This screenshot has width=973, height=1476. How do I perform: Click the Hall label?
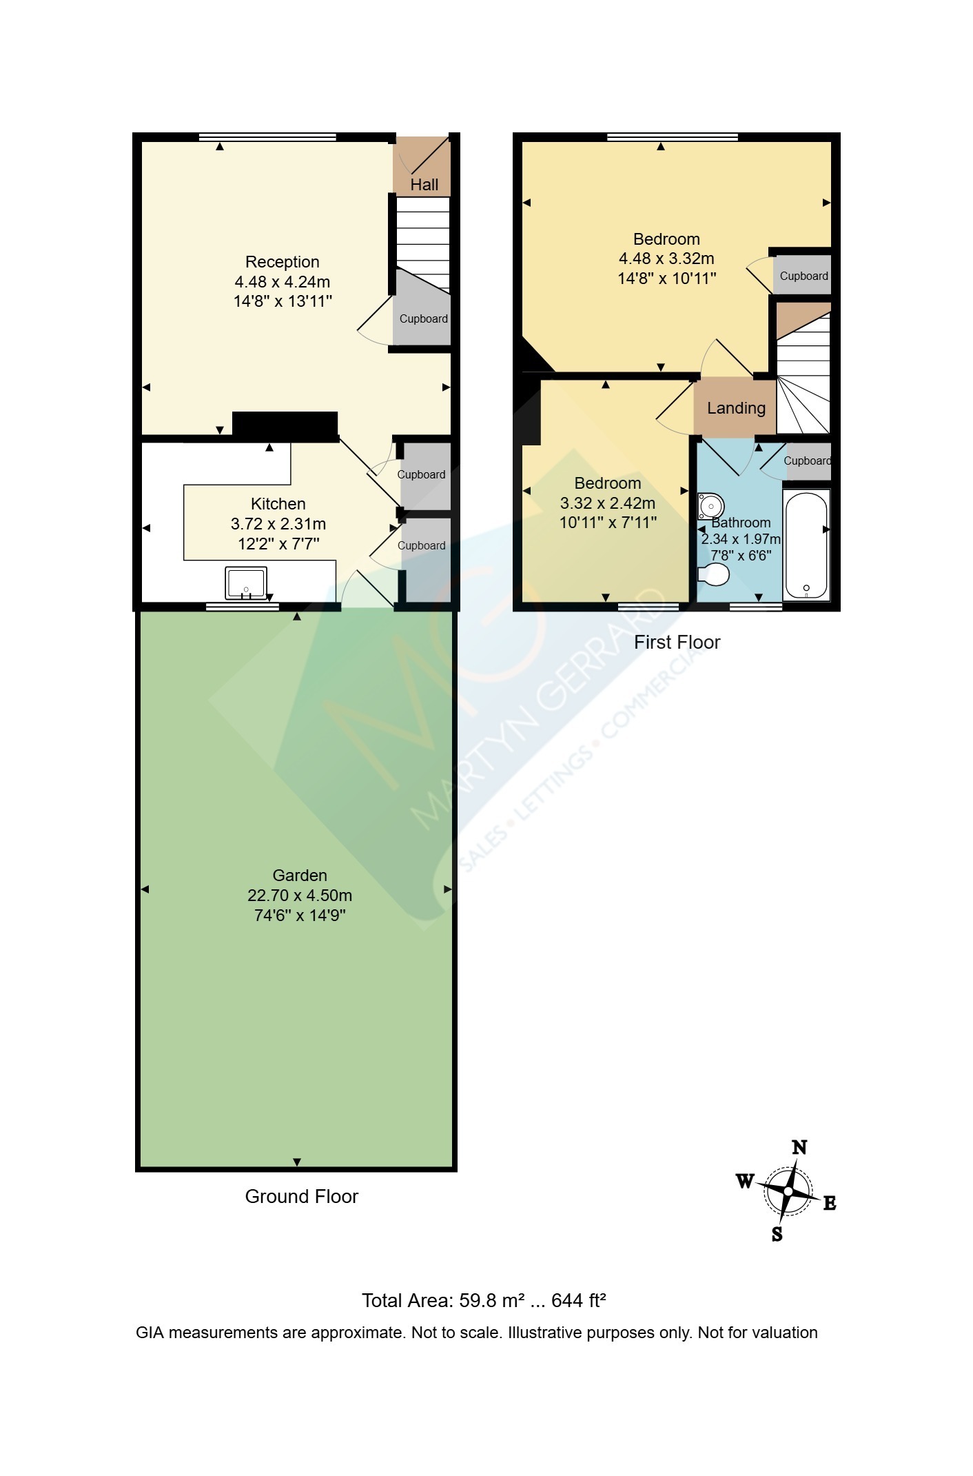click(x=424, y=185)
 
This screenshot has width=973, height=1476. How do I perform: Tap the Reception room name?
click(x=283, y=262)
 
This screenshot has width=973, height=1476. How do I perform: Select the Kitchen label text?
click(x=278, y=504)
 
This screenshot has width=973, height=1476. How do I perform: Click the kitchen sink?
click(x=246, y=583)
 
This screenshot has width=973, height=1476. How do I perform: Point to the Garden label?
click(x=300, y=876)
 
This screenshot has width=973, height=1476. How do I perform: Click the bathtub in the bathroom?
click(x=806, y=545)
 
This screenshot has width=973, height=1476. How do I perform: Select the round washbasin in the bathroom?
click(x=710, y=506)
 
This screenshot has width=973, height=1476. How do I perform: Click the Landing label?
click(x=736, y=408)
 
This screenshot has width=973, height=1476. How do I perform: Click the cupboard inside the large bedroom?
click(x=803, y=275)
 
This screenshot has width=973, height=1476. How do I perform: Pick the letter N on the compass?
click(x=799, y=1147)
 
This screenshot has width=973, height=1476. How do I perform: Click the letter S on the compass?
click(x=777, y=1234)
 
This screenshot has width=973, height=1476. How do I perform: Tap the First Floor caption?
click(x=677, y=643)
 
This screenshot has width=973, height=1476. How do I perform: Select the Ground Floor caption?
click(x=302, y=1197)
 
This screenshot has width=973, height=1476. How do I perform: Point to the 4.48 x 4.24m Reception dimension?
click(x=283, y=282)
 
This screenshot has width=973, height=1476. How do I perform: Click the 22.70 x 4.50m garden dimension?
click(x=300, y=896)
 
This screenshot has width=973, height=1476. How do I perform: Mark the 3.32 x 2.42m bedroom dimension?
click(x=608, y=503)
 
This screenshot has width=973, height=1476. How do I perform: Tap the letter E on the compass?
click(x=830, y=1204)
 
